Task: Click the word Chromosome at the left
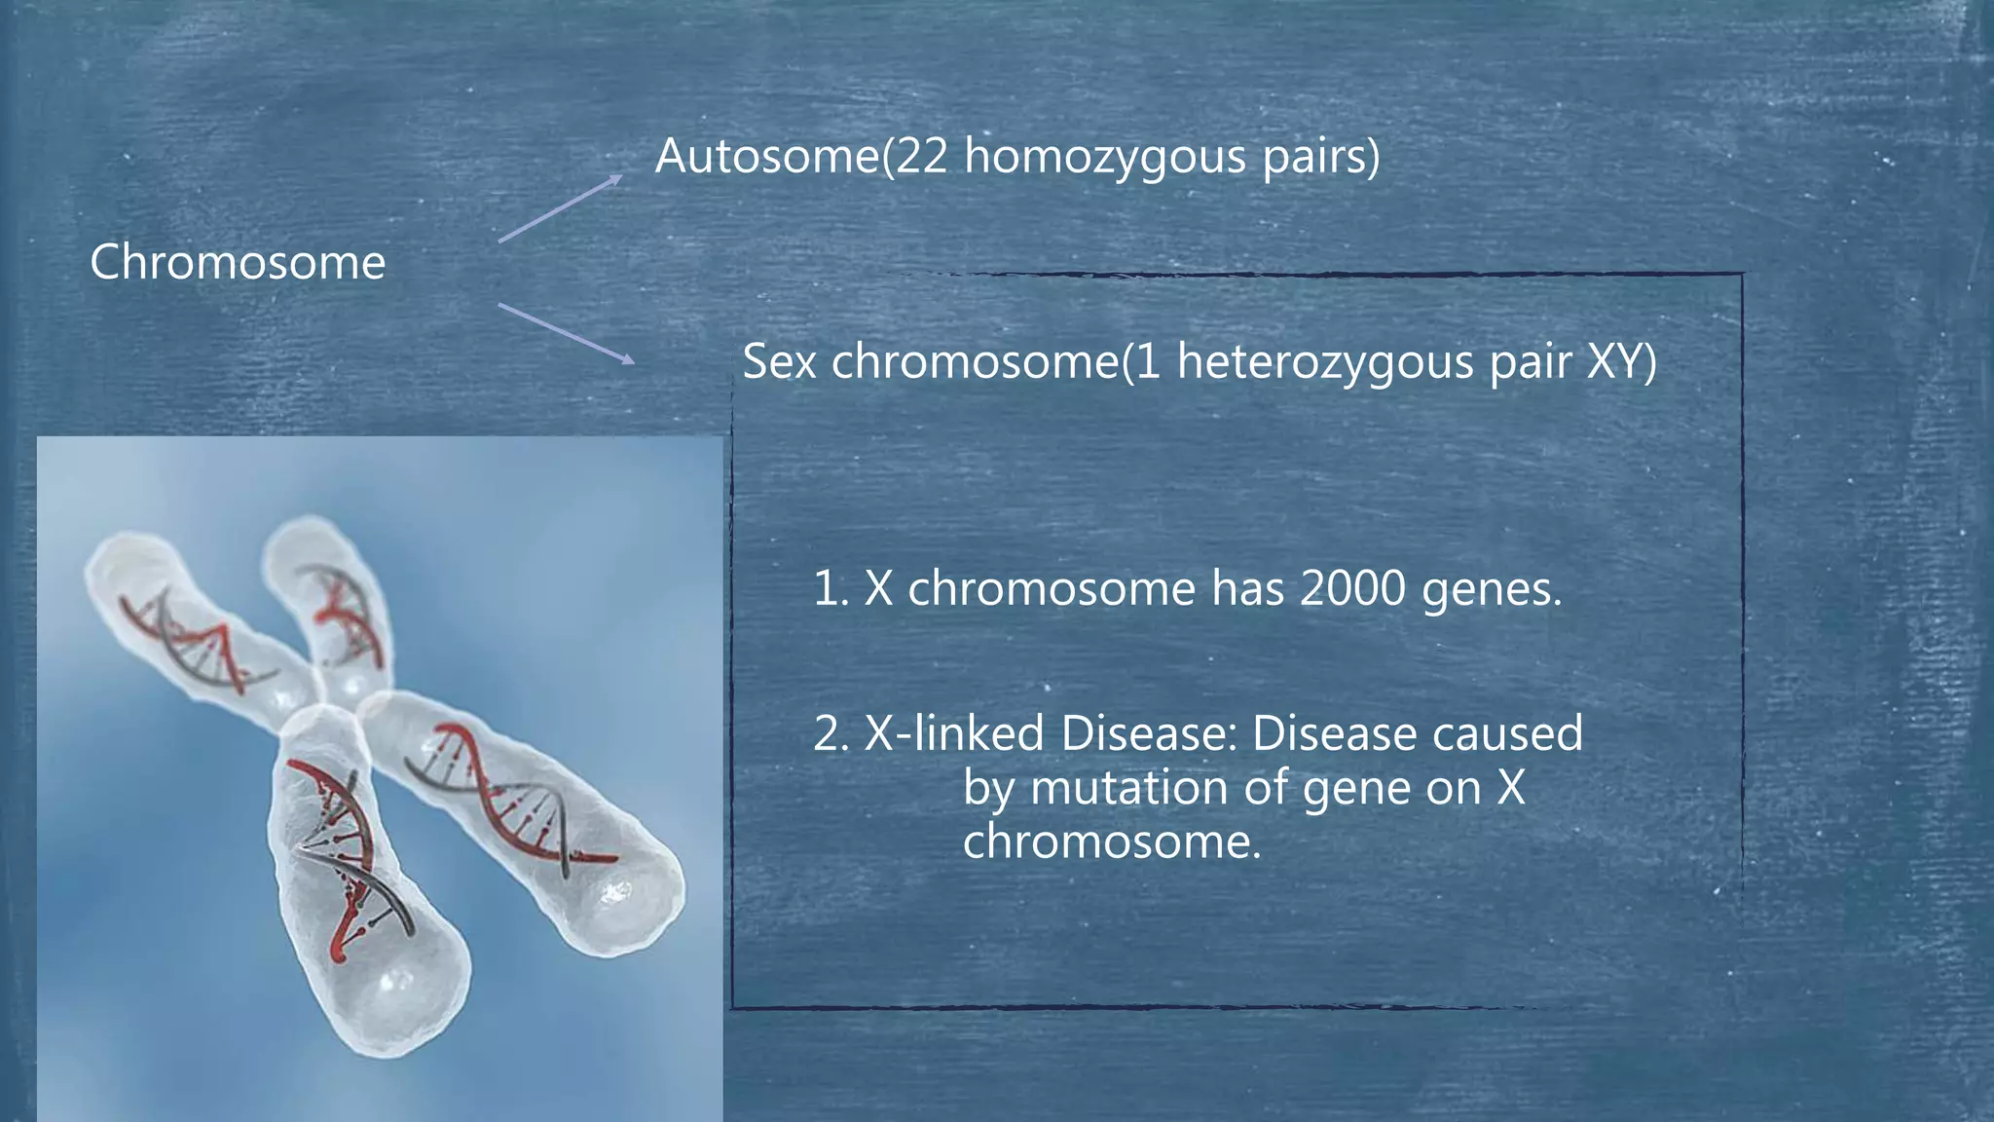(238, 262)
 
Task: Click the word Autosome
(766, 156)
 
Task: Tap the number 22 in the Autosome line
(921, 156)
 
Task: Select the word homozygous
(1104, 158)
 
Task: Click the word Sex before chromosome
(779, 361)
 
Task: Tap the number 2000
(1352, 588)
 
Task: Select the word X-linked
(953, 733)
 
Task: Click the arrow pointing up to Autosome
(560, 207)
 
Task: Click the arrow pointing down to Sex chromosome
(566, 333)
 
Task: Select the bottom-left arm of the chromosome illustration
(360, 896)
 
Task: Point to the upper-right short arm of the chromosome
(331, 604)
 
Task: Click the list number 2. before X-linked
(832, 733)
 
